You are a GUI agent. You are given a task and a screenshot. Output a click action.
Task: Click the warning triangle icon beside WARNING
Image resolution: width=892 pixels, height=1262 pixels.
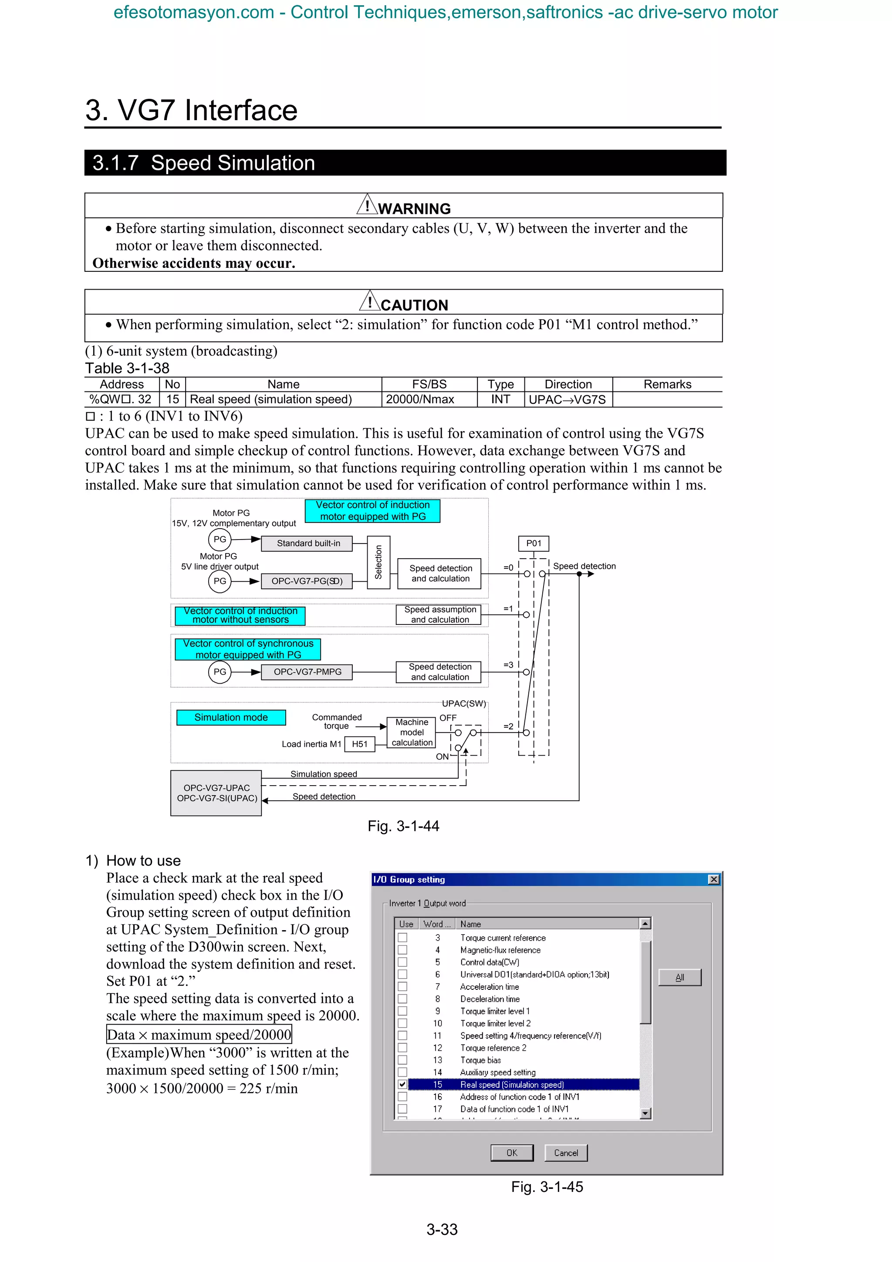(x=367, y=205)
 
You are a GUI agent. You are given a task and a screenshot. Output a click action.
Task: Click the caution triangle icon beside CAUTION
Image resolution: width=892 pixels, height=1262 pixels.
(x=370, y=301)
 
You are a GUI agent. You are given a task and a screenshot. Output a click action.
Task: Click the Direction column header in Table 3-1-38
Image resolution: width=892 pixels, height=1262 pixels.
(x=568, y=384)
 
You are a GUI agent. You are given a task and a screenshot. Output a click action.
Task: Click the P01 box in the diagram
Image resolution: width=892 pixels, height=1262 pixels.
(x=534, y=543)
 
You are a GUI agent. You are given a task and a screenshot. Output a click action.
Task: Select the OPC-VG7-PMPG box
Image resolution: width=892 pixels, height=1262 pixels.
(x=307, y=671)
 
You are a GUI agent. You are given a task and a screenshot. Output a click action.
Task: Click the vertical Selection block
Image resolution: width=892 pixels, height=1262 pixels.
(x=378, y=562)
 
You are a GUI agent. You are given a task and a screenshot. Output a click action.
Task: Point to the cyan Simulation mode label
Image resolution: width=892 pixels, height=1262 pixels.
(x=231, y=717)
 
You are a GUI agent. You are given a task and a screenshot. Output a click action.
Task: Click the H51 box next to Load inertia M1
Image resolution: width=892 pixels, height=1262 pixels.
(x=359, y=744)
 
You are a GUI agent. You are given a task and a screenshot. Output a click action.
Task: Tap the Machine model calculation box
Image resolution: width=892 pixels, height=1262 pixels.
(x=412, y=732)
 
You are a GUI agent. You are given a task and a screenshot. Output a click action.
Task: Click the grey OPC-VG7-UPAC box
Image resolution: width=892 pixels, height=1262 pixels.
(x=216, y=793)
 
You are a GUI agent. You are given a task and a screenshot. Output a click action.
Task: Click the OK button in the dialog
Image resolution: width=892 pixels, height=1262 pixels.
(x=512, y=1153)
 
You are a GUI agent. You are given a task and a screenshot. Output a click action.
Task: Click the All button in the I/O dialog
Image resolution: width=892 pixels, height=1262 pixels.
(x=679, y=977)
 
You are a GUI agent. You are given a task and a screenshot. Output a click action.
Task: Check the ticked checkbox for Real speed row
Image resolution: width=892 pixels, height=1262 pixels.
(x=402, y=1084)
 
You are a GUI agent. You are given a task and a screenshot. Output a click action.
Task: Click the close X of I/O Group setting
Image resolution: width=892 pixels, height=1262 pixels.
(x=713, y=880)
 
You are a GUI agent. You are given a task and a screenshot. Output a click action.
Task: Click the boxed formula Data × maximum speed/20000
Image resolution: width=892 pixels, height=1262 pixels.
(x=199, y=1034)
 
